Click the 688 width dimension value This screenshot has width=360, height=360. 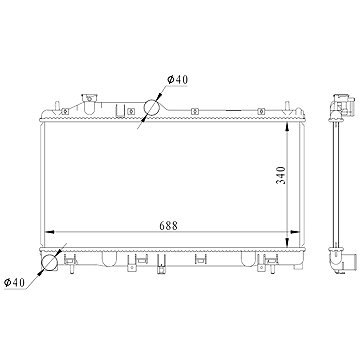pyautogui.click(x=168, y=226)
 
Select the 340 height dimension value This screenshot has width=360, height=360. pyautogui.click(x=282, y=175)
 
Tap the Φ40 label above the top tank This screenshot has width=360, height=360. pyautogui.click(x=178, y=80)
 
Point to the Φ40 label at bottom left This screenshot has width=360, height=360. pyautogui.click(x=14, y=283)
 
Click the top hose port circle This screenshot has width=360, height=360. pyautogui.click(x=152, y=107)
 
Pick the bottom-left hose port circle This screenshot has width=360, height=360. pyautogui.click(x=49, y=262)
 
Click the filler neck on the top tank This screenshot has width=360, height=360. pyautogui.click(x=89, y=103)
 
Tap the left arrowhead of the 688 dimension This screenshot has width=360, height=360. pyautogui.click(x=49, y=232)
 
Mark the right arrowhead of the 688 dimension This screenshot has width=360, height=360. pyautogui.click(x=295, y=232)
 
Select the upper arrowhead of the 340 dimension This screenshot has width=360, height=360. pyautogui.click(x=288, y=126)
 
